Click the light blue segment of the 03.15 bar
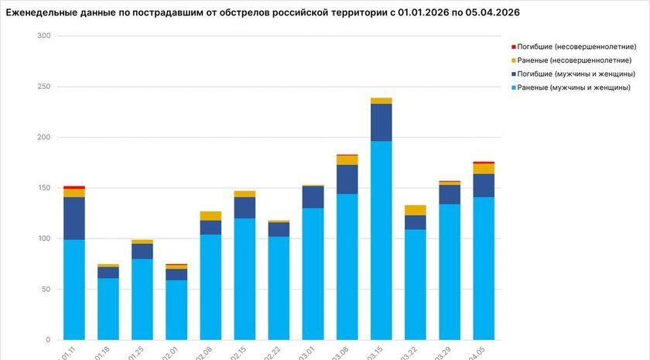381,240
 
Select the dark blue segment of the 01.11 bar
74,218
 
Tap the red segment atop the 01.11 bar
74,187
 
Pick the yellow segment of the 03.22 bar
415,210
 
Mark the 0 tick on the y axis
47,340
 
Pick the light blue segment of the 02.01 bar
176,310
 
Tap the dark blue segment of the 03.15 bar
381,122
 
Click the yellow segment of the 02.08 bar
210,216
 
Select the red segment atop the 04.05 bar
484,163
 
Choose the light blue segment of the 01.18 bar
108,309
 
